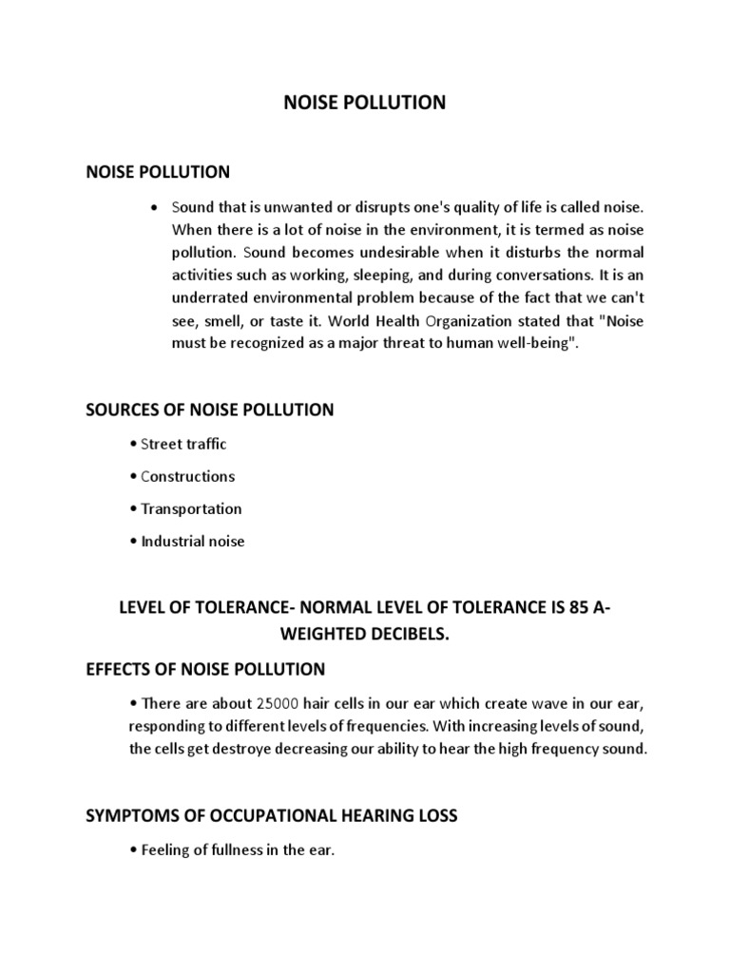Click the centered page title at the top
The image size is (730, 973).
[365, 103]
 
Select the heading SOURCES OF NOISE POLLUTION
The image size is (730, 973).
[209, 410]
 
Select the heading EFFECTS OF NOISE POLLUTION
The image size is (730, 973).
[205, 669]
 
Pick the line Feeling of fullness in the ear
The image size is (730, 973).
[232, 850]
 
